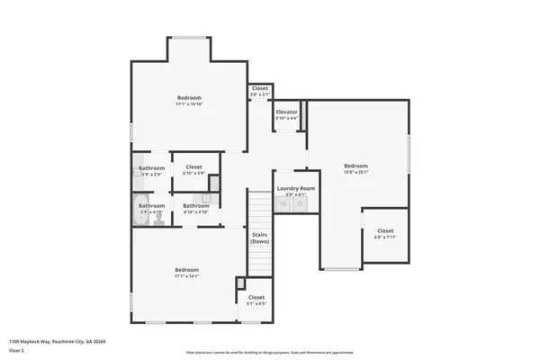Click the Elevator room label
(287, 112)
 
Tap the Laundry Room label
(296, 188)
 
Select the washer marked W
(283, 204)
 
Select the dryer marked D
(300, 204)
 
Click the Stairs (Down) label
(259, 238)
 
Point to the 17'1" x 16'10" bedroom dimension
(189, 104)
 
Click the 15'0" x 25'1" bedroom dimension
(356, 172)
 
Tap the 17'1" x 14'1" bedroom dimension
(187, 276)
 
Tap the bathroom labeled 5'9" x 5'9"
(151, 171)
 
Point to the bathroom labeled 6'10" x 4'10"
(196, 209)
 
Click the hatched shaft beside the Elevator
(303, 115)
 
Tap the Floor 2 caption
(18, 351)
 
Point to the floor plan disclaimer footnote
(270, 353)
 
